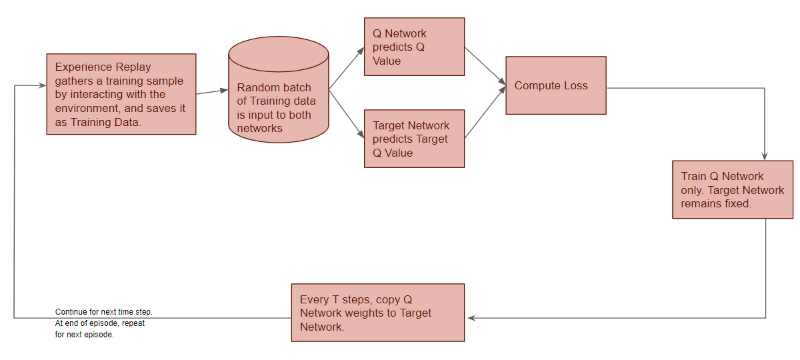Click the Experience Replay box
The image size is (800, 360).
121,94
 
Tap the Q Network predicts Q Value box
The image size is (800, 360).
414,47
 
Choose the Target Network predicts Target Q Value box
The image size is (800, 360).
414,139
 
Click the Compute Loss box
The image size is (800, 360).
556,85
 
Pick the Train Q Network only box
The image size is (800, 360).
733,189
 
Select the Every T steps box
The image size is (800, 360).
378,313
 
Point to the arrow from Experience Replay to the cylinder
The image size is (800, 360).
212,91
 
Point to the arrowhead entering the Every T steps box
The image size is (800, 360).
470,318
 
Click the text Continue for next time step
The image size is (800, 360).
104,312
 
